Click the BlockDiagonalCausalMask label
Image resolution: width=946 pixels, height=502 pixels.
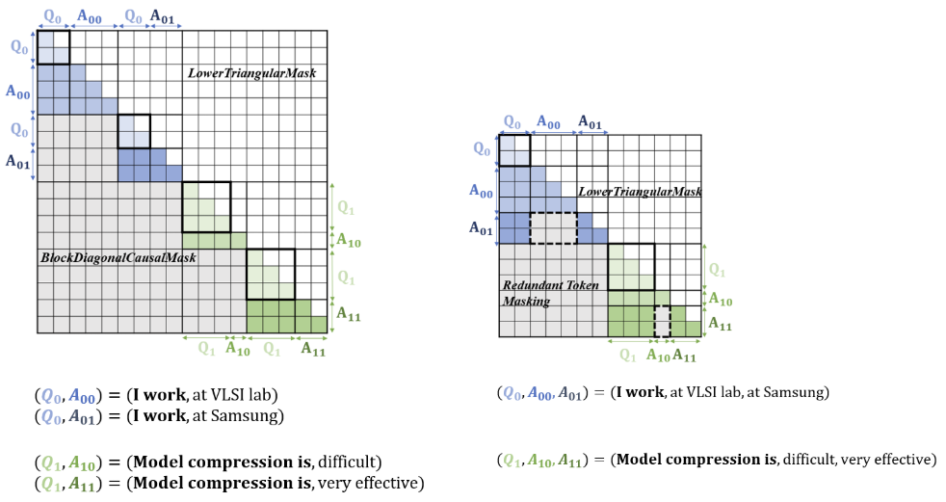[x=118, y=258]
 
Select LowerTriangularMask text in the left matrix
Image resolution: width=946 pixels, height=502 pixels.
[x=251, y=73]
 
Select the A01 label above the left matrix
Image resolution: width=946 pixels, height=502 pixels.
[x=168, y=16]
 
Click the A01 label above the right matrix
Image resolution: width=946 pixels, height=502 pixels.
[x=591, y=122]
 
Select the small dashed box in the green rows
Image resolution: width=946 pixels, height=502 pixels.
[x=662, y=321]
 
